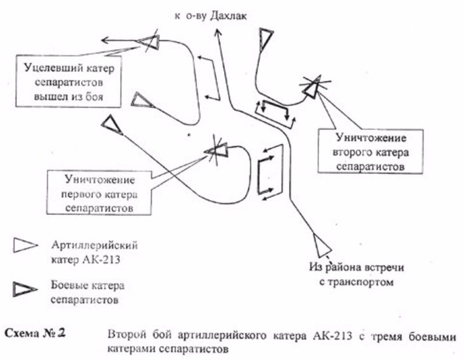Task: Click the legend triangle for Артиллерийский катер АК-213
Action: [25, 246]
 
